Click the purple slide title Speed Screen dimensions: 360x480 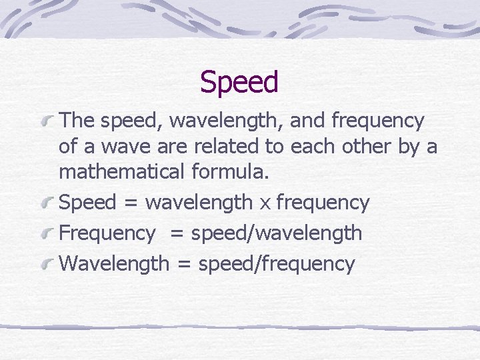(x=239, y=83)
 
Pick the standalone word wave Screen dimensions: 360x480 (x=125, y=146)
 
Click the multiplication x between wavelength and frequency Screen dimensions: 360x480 (x=265, y=203)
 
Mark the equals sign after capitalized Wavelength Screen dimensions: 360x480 (x=183, y=263)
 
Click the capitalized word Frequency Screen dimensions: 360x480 (x=107, y=233)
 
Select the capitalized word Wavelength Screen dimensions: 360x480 (x=114, y=263)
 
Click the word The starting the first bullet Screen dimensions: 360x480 (x=77, y=121)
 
